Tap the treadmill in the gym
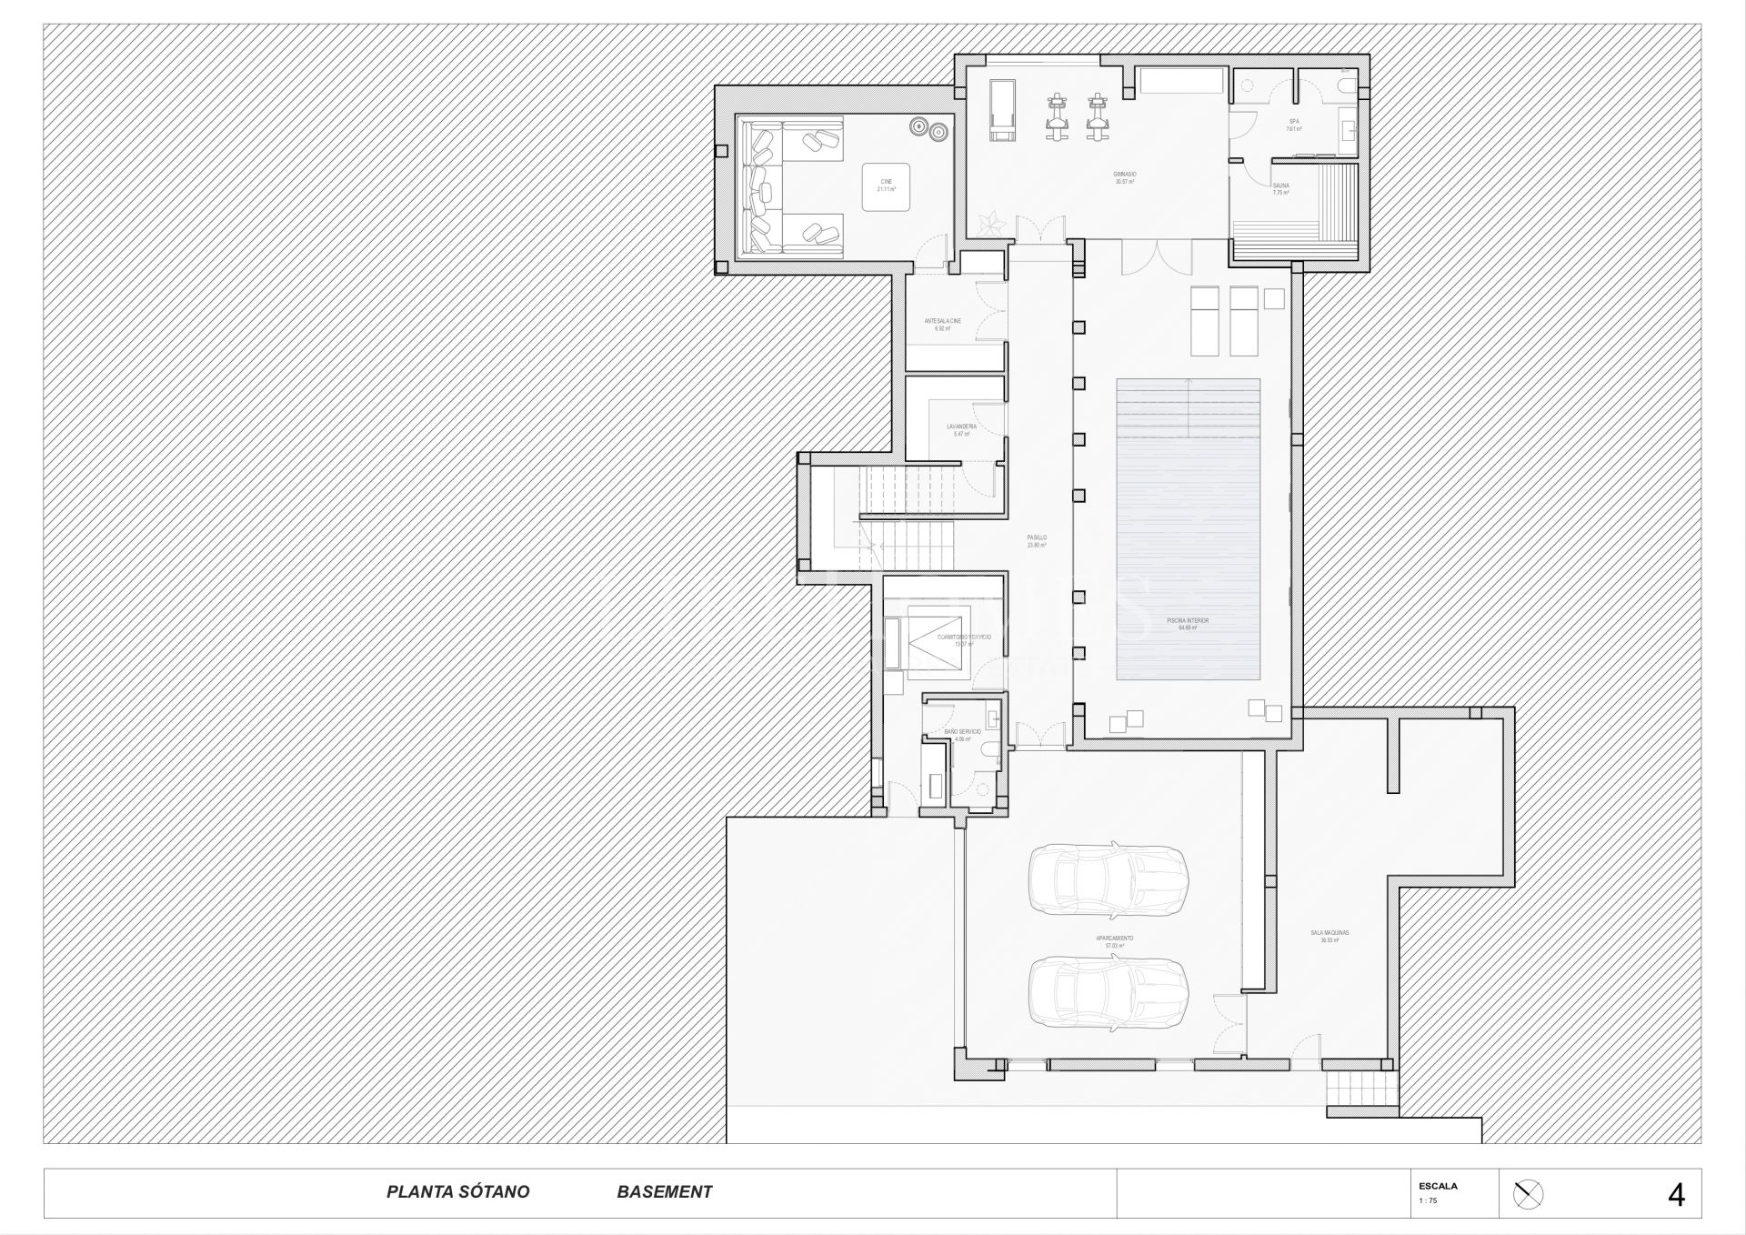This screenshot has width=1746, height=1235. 1001,110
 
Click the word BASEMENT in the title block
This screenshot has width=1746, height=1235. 664,1191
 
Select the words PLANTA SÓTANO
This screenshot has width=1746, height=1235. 457,1191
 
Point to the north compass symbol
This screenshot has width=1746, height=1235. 1528,1194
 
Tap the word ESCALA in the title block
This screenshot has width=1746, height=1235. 1438,1185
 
